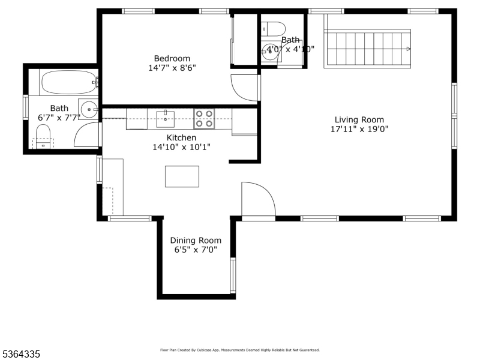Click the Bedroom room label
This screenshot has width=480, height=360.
172,58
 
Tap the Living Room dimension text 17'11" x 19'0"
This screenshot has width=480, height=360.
359,129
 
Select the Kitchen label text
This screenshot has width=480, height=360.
181,137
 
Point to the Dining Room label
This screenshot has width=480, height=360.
196,240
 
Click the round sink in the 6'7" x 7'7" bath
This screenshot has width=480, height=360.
89,110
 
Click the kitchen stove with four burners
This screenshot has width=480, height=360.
204,119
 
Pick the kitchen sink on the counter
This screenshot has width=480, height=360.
165,118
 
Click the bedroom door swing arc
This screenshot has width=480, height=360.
244,87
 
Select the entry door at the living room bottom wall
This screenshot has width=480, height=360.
257,200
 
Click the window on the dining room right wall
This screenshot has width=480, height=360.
233,275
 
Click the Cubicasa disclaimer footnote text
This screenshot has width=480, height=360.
239,350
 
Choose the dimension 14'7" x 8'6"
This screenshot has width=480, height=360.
172,68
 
